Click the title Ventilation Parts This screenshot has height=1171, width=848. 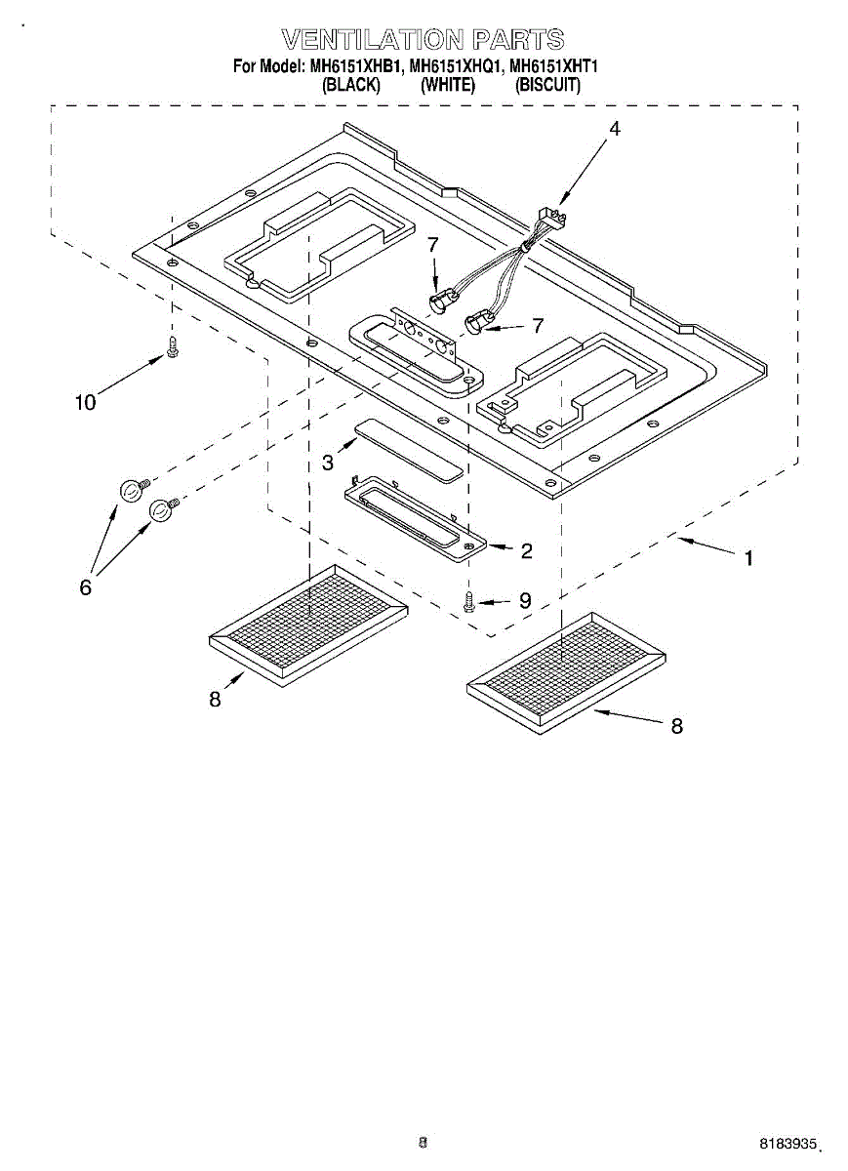423,40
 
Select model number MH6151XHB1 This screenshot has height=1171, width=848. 355,67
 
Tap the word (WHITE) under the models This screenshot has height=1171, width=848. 448,85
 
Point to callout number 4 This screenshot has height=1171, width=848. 614,129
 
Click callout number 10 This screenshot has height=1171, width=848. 86,401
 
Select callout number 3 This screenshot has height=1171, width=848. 328,463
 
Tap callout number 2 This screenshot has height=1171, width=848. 526,551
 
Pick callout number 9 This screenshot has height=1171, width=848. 524,601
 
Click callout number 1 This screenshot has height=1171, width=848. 748,559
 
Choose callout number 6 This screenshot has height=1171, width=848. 86,587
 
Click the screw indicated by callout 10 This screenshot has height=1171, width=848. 173,346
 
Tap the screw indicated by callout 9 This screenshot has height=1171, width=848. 470,601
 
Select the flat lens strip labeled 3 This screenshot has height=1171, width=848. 407,451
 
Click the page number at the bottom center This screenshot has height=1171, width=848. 423,1141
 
